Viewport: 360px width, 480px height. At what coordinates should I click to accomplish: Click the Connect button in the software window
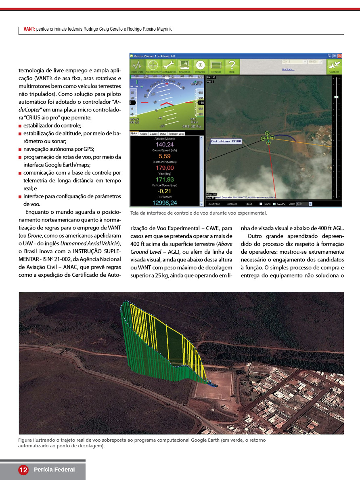click(x=334, y=67)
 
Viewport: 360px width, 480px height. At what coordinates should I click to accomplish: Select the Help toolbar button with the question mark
click(x=232, y=67)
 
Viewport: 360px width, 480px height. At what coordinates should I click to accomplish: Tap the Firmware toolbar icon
click(x=200, y=67)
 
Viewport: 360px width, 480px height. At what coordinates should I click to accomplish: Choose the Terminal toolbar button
click(x=216, y=67)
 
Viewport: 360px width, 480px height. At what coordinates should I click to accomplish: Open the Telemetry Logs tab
click(x=176, y=134)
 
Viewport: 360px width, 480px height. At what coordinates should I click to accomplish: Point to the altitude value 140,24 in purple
click(x=165, y=145)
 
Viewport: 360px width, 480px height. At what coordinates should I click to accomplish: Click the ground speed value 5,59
click(x=165, y=156)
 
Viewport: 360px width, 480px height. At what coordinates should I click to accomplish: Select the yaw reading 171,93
click(x=165, y=179)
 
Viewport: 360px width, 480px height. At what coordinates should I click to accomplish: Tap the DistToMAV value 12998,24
click(x=165, y=202)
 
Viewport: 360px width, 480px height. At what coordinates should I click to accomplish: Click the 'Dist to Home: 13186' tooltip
click(x=226, y=142)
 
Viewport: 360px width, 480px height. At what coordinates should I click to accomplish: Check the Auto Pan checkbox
click(x=274, y=204)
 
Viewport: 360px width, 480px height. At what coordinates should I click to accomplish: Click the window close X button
click(x=340, y=56)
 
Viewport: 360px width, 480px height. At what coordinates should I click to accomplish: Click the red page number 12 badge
click(x=23, y=470)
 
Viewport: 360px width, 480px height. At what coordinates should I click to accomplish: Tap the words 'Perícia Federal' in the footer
click(x=54, y=470)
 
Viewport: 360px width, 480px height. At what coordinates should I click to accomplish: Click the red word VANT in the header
click(x=29, y=29)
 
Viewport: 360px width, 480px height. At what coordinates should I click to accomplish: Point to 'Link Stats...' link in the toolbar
click(x=288, y=69)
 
